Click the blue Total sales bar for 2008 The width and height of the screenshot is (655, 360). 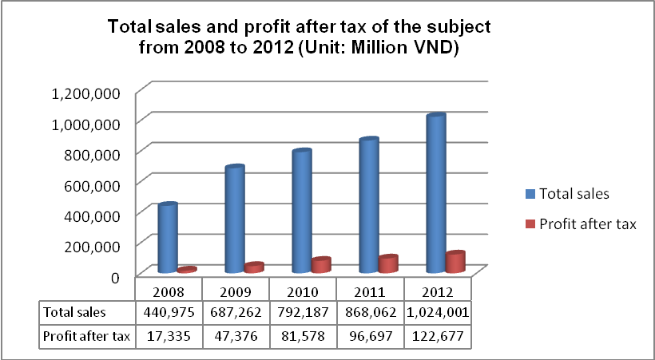168,239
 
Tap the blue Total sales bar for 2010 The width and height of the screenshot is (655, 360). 301,212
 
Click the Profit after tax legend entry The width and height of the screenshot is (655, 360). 580,224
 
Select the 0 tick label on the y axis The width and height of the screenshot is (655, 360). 114,277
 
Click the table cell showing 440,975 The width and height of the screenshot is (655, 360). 168,311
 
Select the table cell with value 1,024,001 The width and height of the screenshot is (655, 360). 438,311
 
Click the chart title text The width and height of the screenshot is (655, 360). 299,37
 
